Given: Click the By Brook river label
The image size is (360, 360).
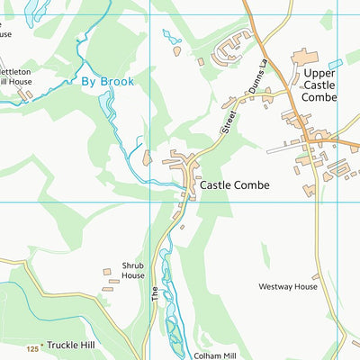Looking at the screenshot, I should point(107,81).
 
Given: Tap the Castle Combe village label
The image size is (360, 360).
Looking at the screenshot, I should point(234,184).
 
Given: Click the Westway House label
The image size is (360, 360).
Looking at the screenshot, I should point(288,287).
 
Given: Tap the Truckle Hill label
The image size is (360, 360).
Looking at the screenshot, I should point(76,345).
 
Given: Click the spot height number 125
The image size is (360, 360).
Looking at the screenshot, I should point(32,348).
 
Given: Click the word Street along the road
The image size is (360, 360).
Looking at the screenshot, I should point(229,121).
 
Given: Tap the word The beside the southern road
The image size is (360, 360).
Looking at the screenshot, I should point(155,292).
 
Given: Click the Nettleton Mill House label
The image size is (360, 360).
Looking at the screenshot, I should point(16,76).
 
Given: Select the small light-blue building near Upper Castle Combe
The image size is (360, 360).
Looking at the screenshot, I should point(335,64).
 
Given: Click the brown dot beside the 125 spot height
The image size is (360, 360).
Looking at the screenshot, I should point(42,345).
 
